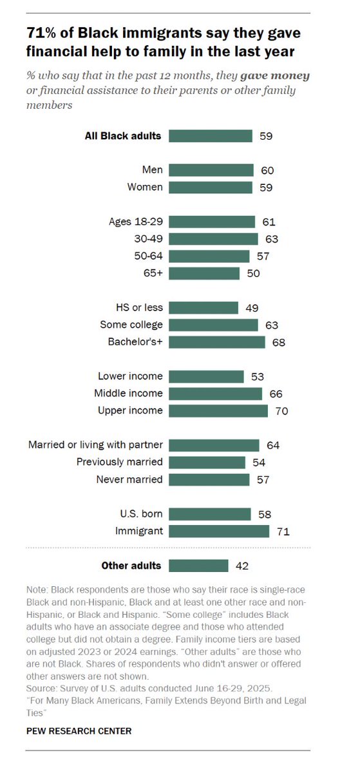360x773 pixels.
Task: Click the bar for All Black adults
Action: coord(211,136)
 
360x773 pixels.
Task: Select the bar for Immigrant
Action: coord(220,531)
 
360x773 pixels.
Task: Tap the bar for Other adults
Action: coord(199,566)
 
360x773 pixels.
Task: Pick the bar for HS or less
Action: coord(204,308)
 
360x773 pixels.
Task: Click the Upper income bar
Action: coord(219,411)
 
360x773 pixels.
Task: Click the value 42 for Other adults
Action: coord(242,566)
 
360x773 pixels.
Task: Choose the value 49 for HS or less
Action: coord(251,308)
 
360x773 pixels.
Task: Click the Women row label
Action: coord(146,187)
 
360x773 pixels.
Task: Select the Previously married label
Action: coord(120,462)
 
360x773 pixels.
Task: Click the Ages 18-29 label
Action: coord(136,222)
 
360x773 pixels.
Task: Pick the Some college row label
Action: coord(131,325)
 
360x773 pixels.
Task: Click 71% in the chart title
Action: coord(43,32)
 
